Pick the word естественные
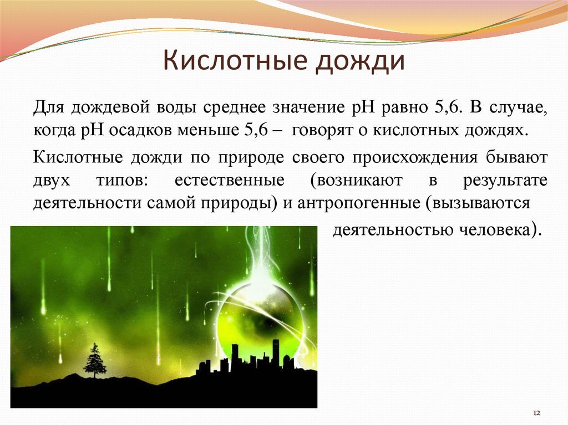(x=229, y=180)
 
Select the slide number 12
(x=537, y=413)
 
